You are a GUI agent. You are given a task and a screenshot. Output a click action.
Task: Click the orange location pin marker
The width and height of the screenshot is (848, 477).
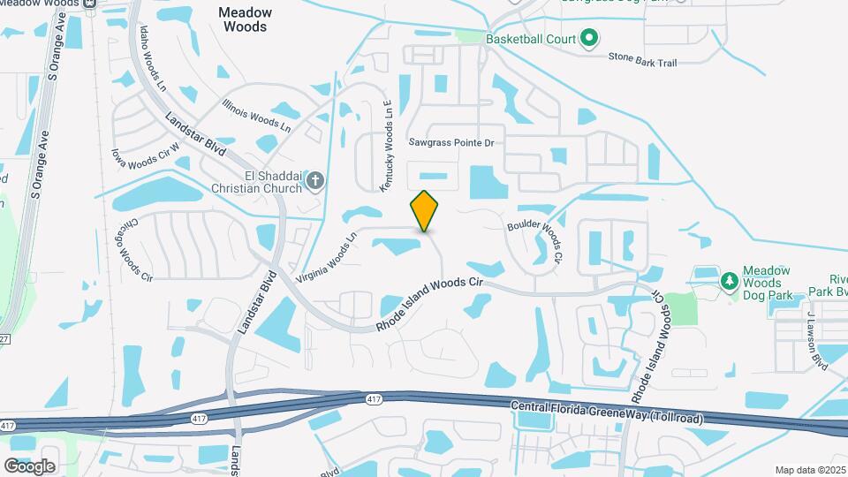(425, 211)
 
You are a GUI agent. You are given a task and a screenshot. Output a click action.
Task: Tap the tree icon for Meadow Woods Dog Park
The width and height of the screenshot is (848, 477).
(729, 281)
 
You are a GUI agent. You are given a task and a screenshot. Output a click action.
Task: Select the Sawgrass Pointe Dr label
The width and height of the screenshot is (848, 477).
(450, 142)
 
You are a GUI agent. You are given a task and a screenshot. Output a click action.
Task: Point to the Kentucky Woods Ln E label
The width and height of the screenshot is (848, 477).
(386, 146)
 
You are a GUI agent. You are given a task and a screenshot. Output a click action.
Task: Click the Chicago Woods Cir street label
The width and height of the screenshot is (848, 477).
(134, 251)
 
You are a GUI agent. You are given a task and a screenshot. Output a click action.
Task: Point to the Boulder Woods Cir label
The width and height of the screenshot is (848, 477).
(535, 238)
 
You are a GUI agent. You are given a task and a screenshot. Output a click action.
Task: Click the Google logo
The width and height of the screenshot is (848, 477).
(29, 466)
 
